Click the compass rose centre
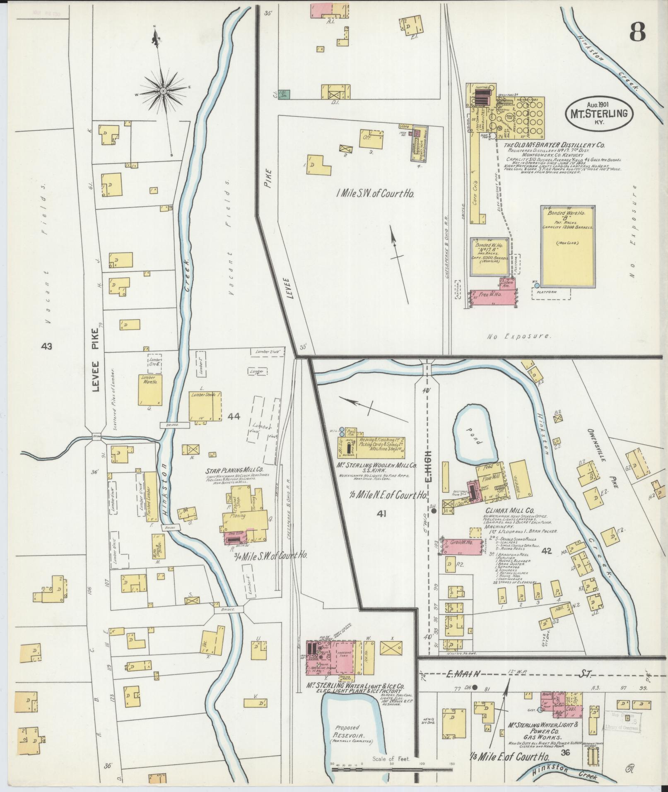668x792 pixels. point(163,90)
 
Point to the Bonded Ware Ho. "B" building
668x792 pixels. point(568,246)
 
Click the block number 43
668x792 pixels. point(47,346)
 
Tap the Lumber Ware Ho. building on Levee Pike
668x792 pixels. point(150,390)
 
